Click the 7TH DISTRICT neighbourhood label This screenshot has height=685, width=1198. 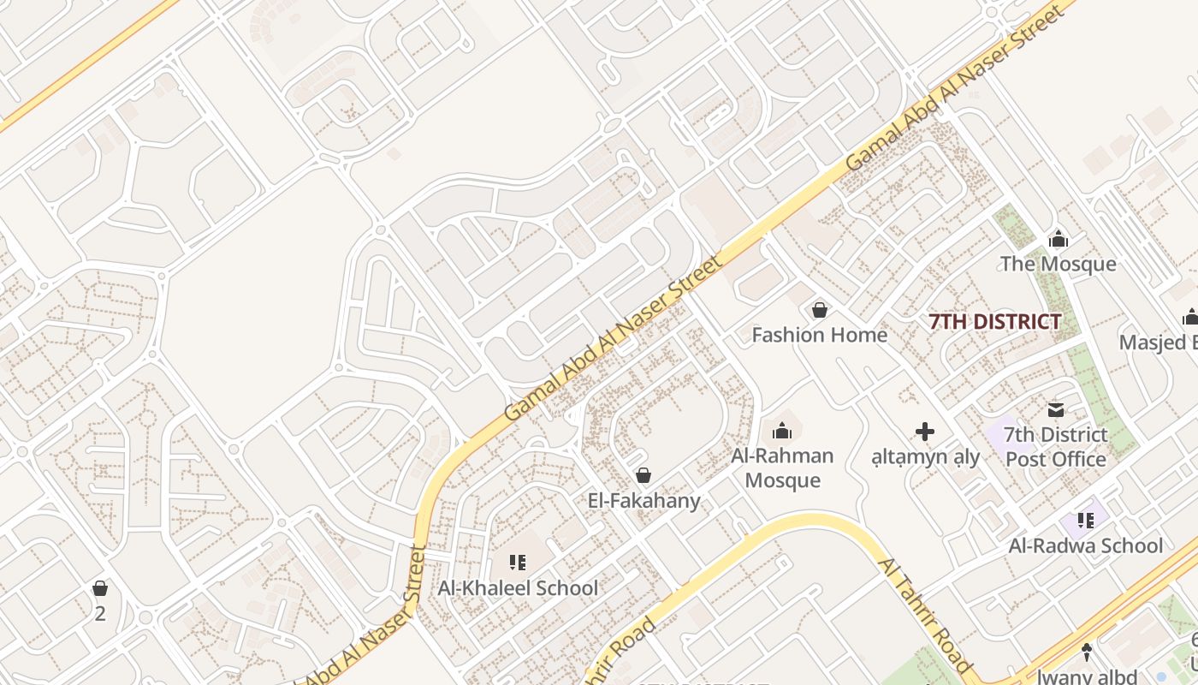click(995, 322)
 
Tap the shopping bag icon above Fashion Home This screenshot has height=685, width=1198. click(820, 310)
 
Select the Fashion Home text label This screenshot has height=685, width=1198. click(819, 335)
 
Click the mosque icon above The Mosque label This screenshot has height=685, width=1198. click(1059, 239)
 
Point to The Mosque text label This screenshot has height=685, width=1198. click(1059, 264)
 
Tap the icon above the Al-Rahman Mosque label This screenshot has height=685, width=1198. click(782, 431)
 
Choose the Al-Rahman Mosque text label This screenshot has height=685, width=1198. click(782, 468)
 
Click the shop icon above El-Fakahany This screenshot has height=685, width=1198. click(643, 475)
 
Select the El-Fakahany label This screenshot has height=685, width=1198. click(643, 500)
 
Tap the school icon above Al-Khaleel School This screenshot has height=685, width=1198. click(518, 563)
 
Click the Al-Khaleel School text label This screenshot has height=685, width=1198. click(518, 588)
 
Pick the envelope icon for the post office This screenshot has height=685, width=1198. click(1056, 410)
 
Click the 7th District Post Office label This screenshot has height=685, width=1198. click(1056, 447)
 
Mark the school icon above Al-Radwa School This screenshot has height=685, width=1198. click(1086, 520)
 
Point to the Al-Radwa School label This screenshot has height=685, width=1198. click(1086, 545)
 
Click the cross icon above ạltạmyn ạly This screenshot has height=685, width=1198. click(925, 432)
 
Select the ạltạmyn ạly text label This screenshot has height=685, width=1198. click(925, 456)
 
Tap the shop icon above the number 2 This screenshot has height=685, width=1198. click(100, 588)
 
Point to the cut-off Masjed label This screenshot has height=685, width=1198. click(1159, 342)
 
